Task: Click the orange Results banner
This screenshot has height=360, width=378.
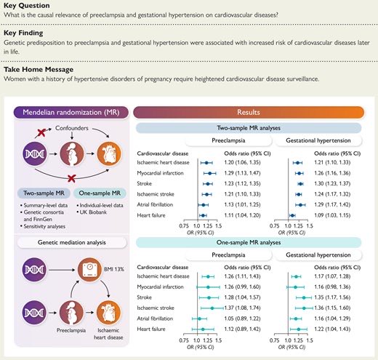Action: [251, 113]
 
